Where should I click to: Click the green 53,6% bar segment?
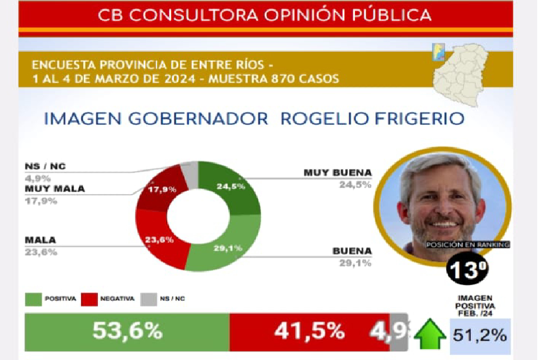[x=127, y=331]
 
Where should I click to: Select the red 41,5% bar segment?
[x=309, y=331]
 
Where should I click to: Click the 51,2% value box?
[x=480, y=336]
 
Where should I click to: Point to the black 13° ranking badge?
[x=467, y=271]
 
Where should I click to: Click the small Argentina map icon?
[x=437, y=53]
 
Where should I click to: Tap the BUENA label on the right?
[x=352, y=250]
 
